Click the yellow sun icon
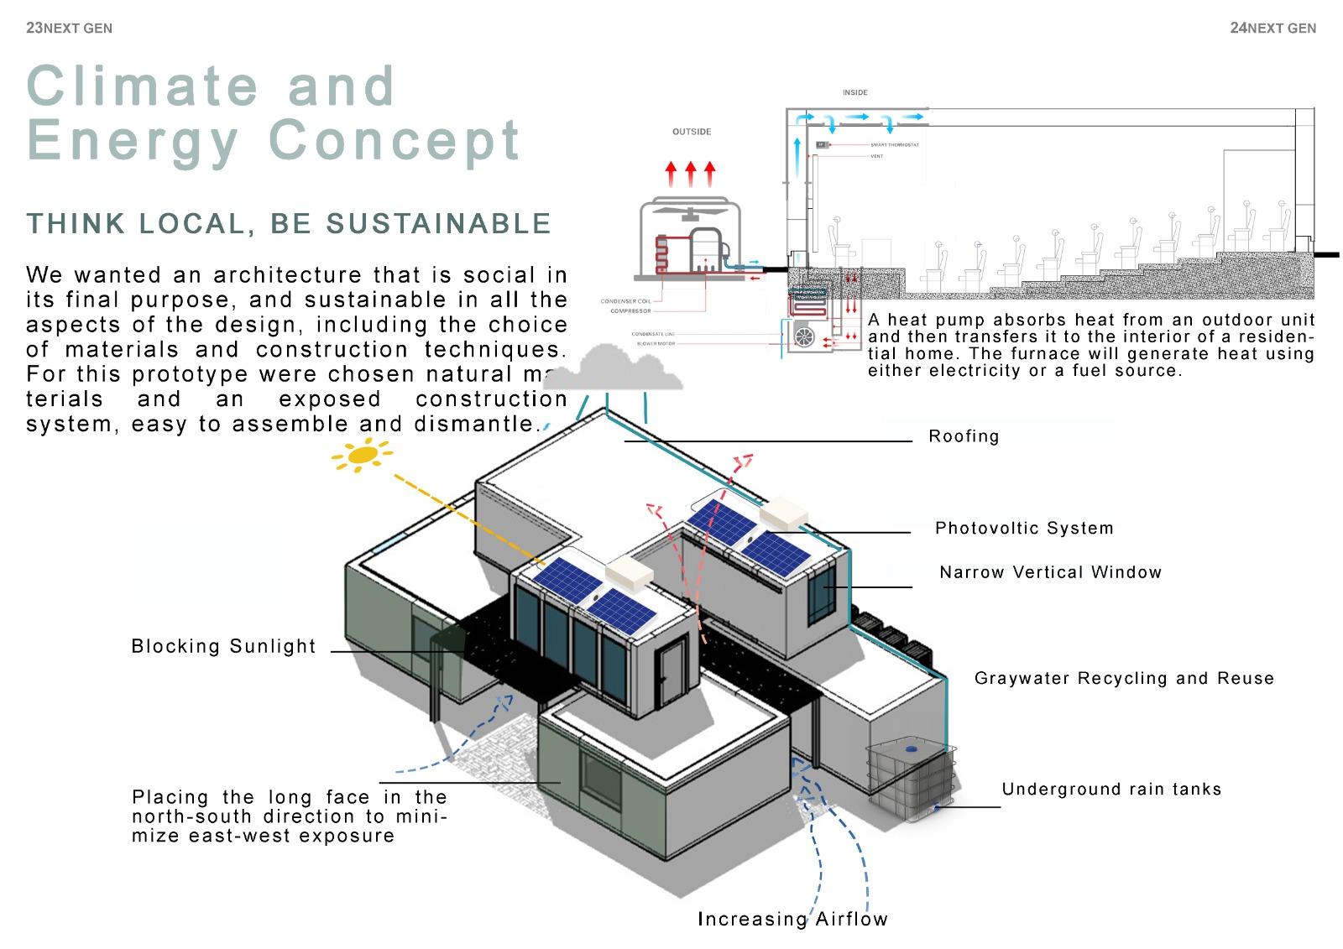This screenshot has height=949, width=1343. tap(362, 456)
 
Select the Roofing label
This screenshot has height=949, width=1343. tap(964, 436)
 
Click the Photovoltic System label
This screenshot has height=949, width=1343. tap(1024, 529)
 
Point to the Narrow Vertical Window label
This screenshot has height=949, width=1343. tap(1050, 572)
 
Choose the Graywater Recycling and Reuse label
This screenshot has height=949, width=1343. tap(1124, 678)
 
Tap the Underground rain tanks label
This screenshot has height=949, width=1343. tap(1111, 790)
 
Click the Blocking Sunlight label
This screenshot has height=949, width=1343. tap(223, 646)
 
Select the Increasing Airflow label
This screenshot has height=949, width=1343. tap(792, 919)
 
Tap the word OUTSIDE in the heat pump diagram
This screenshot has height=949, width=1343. tap(692, 132)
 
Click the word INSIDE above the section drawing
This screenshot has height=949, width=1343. tap(854, 92)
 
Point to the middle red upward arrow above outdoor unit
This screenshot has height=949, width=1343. tap(690, 174)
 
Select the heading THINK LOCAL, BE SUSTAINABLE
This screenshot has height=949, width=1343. tap(289, 224)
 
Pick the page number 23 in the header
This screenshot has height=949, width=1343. tap(34, 28)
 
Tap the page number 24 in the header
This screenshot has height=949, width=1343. tap(1238, 28)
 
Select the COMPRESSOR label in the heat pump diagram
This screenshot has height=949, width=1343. tap(630, 311)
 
